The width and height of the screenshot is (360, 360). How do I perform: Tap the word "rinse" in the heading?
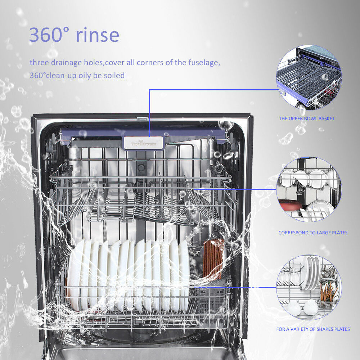click(97, 35)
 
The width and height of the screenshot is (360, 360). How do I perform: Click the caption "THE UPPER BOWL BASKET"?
click(306, 118)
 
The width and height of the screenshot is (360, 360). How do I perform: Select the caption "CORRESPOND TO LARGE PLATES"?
click(313, 233)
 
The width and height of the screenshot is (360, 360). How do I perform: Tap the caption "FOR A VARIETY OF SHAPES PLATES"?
click(313, 329)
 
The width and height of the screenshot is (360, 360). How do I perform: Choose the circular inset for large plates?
click(309, 189)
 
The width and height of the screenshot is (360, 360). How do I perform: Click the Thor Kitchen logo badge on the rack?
click(143, 143)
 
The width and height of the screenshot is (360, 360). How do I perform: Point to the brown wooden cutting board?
click(213, 259)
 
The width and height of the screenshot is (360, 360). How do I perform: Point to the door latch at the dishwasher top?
click(143, 118)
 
